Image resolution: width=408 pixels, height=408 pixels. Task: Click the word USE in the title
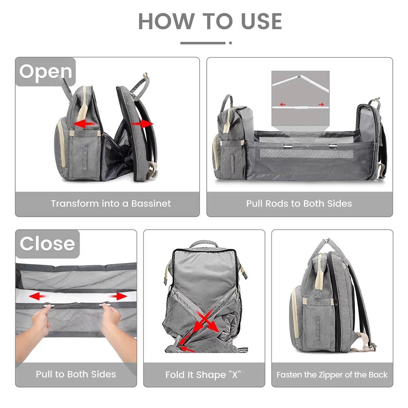pos(261,21)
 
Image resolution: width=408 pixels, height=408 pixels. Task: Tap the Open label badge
pos(46,72)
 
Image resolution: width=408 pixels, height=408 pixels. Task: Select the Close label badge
pos(47,244)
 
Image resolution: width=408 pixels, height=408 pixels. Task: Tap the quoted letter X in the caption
pos(235,375)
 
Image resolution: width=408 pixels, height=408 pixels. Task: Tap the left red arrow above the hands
pos(38,296)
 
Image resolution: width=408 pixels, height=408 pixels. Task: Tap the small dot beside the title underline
pos(231,43)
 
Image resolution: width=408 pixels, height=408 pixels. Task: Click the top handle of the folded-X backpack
pos(204,244)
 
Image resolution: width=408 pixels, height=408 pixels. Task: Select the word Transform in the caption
pos(70,204)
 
